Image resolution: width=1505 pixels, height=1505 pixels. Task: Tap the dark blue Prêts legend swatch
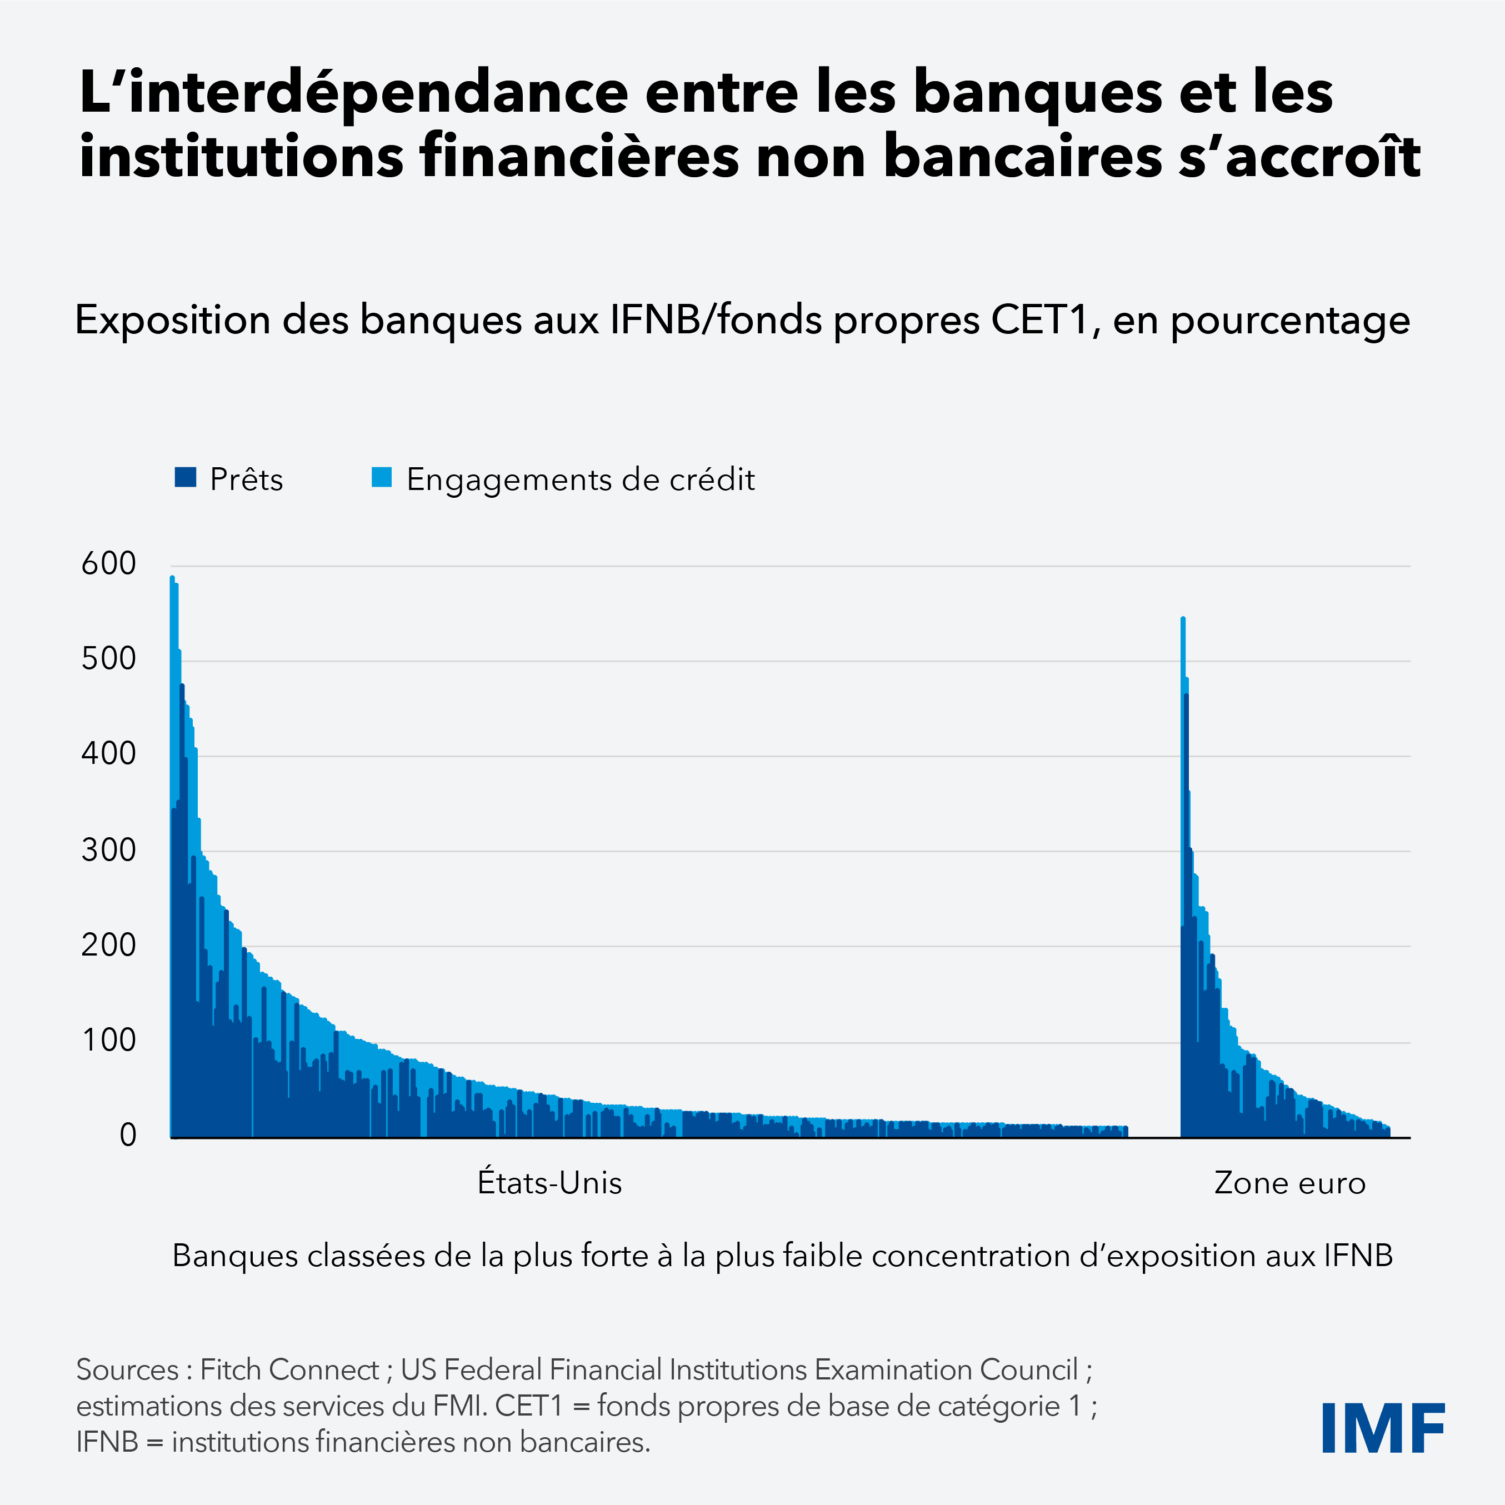pyautogui.click(x=186, y=478)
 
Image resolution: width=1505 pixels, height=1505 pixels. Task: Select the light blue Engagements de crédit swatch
pyautogui.click(x=382, y=478)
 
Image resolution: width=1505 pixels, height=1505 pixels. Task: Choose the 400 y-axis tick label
pyautogui.click(x=108, y=754)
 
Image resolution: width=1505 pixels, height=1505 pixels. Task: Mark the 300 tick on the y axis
pyautogui.click(x=108, y=850)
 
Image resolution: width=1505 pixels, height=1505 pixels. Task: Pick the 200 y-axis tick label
pyautogui.click(x=108, y=945)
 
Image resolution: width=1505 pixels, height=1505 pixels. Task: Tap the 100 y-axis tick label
pyautogui.click(x=108, y=1040)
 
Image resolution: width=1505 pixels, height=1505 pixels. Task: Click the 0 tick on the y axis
pyautogui.click(x=128, y=1135)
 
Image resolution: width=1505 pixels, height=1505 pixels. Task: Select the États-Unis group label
pyautogui.click(x=549, y=1182)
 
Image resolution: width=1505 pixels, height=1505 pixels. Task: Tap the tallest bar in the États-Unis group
pyautogui.click(x=172, y=857)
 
